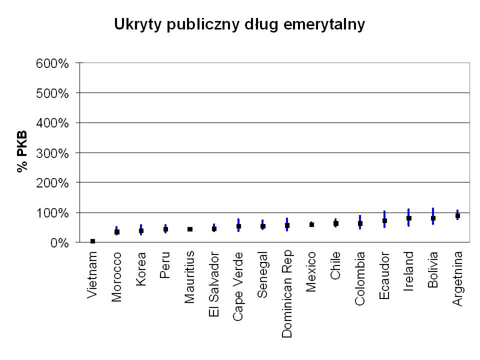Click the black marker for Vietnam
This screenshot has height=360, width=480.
pyautogui.click(x=92, y=241)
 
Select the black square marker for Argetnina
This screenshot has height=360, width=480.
pyautogui.click(x=457, y=215)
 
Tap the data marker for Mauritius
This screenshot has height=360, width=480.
pyautogui.click(x=190, y=229)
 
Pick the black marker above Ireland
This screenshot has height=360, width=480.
pyautogui.click(x=409, y=218)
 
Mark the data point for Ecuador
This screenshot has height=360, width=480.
pyautogui.click(x=384, y=220)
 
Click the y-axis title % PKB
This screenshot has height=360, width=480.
pyautogui.click(x=22, y=152)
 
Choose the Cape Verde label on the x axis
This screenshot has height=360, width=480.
pyautogui.click(x=238, y=286)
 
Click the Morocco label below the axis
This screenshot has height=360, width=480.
pyautogui.click(x=116, y=277)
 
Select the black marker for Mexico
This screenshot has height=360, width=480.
pyautogui.click(x=311, y=224)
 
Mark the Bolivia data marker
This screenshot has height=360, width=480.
pyautogui.click(x=433, y=218)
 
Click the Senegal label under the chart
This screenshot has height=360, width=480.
pyautogui.click(x=263, y=274)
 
